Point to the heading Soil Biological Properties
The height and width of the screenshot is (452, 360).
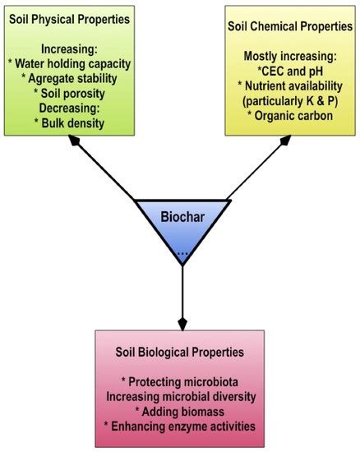[181, 353]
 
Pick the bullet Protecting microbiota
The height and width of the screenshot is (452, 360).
[181, 382]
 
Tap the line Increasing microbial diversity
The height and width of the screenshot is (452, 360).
[181, 397]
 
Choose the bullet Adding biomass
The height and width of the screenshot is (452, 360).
[181, 412]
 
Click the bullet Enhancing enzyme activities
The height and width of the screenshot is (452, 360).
[181, 427]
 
